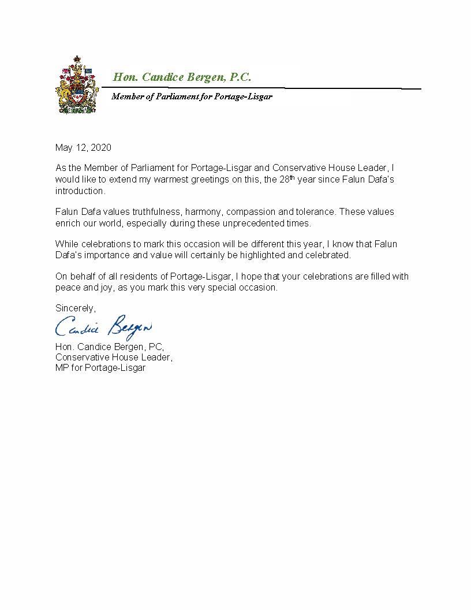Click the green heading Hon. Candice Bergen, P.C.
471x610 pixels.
pyautogui.click(x=181, y=77)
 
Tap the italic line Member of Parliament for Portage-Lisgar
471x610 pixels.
pyautogui.click(x=192, y=96)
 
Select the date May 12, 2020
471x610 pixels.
pyautogui.click(x=83, y=147)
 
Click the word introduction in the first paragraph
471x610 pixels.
pyautogui.click(x=80, y=191)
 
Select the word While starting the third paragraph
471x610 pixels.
pyautogui.click(x=66, y=244)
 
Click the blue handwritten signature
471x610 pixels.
pyautogui.click(x=104, y=327)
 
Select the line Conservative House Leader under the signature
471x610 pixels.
pyautogui.click(x=113, y=358)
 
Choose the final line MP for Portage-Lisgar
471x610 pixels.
pyautogui.click(x=100, y=368)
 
